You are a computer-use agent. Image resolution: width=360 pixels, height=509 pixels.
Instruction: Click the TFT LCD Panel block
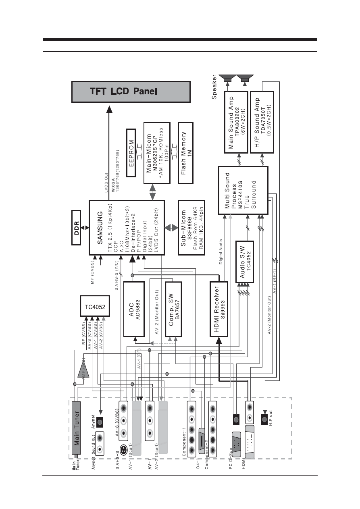click(x=131, y=91)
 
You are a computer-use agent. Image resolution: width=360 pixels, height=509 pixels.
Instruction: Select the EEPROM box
click(x=131, y=153)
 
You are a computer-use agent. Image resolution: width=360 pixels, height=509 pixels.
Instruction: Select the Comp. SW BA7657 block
click(x=174, y=310)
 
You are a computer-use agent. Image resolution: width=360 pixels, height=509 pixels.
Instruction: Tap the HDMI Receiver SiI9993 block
click(x=219, y=310)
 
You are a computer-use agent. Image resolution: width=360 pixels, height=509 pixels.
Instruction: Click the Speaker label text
click(x=214, y=88)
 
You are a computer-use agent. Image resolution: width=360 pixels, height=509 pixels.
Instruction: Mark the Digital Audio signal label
click(x=221, y=252)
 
